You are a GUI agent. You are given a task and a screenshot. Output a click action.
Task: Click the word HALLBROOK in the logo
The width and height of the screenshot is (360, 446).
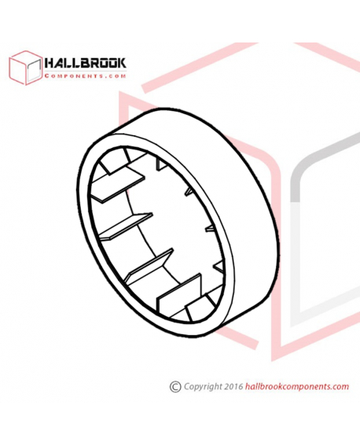click(x=85, y=63)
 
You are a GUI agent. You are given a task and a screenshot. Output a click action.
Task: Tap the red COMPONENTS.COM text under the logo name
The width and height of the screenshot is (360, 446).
click(x=85, y=76)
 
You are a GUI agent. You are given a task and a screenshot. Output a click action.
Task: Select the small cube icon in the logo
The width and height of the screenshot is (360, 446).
click(x=26, y=68)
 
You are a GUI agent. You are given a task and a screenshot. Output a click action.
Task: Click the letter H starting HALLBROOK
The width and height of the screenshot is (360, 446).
click(x=49, y=63)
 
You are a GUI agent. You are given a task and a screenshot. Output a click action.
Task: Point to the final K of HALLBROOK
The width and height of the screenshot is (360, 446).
click(x=121, y=63)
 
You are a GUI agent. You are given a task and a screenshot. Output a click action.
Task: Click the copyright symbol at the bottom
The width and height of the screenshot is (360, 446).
click(x=175, y=387)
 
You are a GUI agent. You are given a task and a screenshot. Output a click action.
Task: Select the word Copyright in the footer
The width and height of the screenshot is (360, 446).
click(x=203, y=387)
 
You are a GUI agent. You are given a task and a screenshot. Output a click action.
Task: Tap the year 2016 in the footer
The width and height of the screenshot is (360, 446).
click(x=233, y=386)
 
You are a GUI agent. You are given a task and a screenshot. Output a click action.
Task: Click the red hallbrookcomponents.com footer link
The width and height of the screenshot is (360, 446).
click(x=297, y=387)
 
